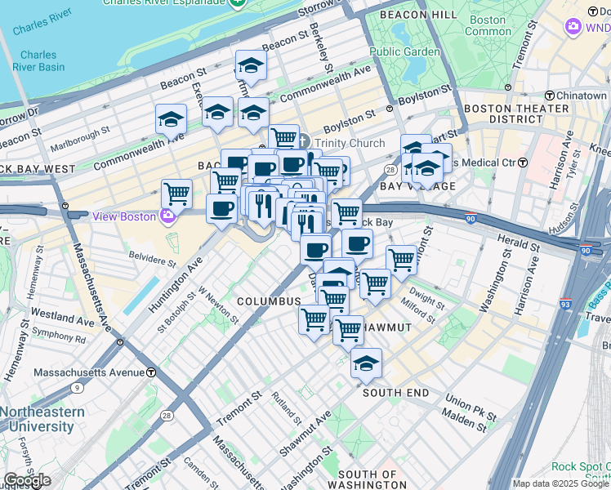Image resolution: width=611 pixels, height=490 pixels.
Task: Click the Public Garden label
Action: (x=404, y=51)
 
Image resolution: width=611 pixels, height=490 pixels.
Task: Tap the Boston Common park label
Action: (x=488, y=25)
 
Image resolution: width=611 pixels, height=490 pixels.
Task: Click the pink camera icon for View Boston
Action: (x=168, y=216)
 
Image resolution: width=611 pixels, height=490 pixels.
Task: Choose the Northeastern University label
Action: (x=42, y=419)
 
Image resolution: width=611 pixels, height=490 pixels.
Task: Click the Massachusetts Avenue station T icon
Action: (x=150, y=372)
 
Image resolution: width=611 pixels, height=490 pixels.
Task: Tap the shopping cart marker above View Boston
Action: (x=176, y=194)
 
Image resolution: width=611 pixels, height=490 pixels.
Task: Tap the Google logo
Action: (x=27, y=479)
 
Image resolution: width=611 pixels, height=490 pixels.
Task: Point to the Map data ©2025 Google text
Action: (x=560, y=483)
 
